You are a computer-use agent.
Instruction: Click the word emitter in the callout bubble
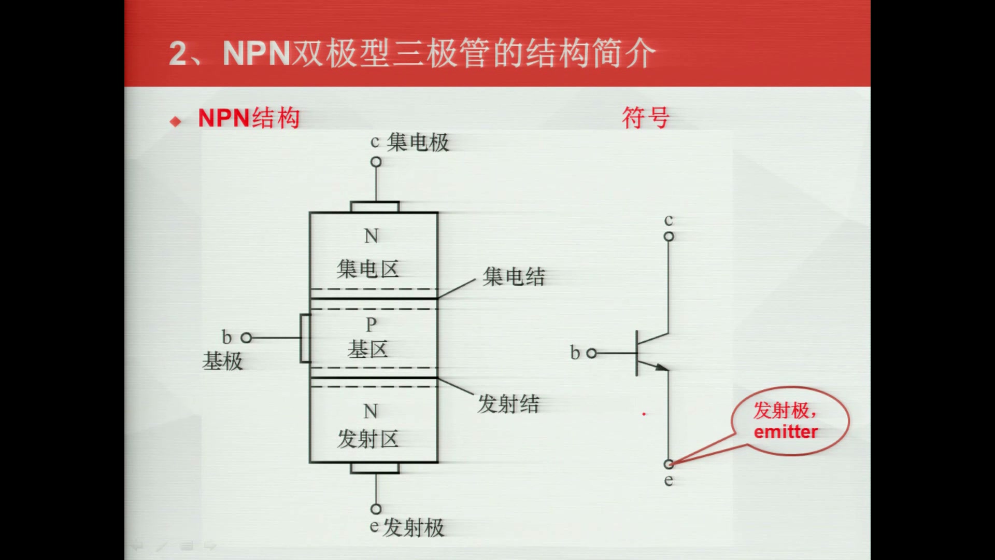(x=786, y=432)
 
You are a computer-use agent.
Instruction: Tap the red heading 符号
(x=646, y=118)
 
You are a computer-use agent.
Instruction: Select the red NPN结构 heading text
(x=249, y=118)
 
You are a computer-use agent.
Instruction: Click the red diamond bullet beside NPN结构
(x=176, y=121)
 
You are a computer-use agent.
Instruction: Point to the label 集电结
(x=514, y=276)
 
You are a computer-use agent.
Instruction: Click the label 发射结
(x=508, y=403)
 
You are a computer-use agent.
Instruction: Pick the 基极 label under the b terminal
(x=222, y=361)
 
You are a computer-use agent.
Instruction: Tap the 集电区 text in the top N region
(x=367, y=269)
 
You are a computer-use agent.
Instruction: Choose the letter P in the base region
(x=371, y=325)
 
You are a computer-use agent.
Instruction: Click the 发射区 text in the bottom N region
(x=367, y=439)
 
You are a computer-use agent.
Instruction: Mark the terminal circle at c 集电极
(x=376, y=162)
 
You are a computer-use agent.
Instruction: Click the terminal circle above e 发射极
(x=376, y=509)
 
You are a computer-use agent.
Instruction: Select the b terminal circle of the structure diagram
(x=247, y=338)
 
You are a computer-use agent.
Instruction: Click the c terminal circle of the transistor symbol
(x=669, y=236)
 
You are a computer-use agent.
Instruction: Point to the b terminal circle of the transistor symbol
(x=592, y=353)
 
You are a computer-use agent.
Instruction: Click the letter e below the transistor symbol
(x=669, y=480)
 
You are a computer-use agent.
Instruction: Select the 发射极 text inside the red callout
(x=781, y=410)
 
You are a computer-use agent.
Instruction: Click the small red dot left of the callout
(x=644, y=414)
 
